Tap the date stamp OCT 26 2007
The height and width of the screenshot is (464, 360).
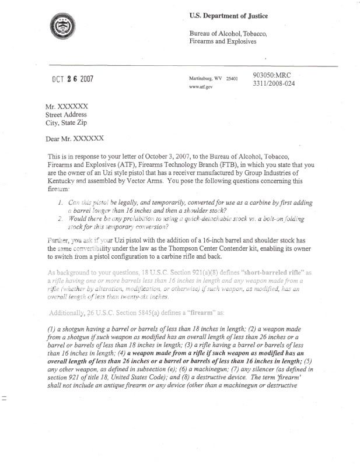[x=69, y=80]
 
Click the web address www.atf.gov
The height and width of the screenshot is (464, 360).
[x=201, y=86]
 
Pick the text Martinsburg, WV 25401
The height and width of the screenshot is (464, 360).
[x=213, y=78]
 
